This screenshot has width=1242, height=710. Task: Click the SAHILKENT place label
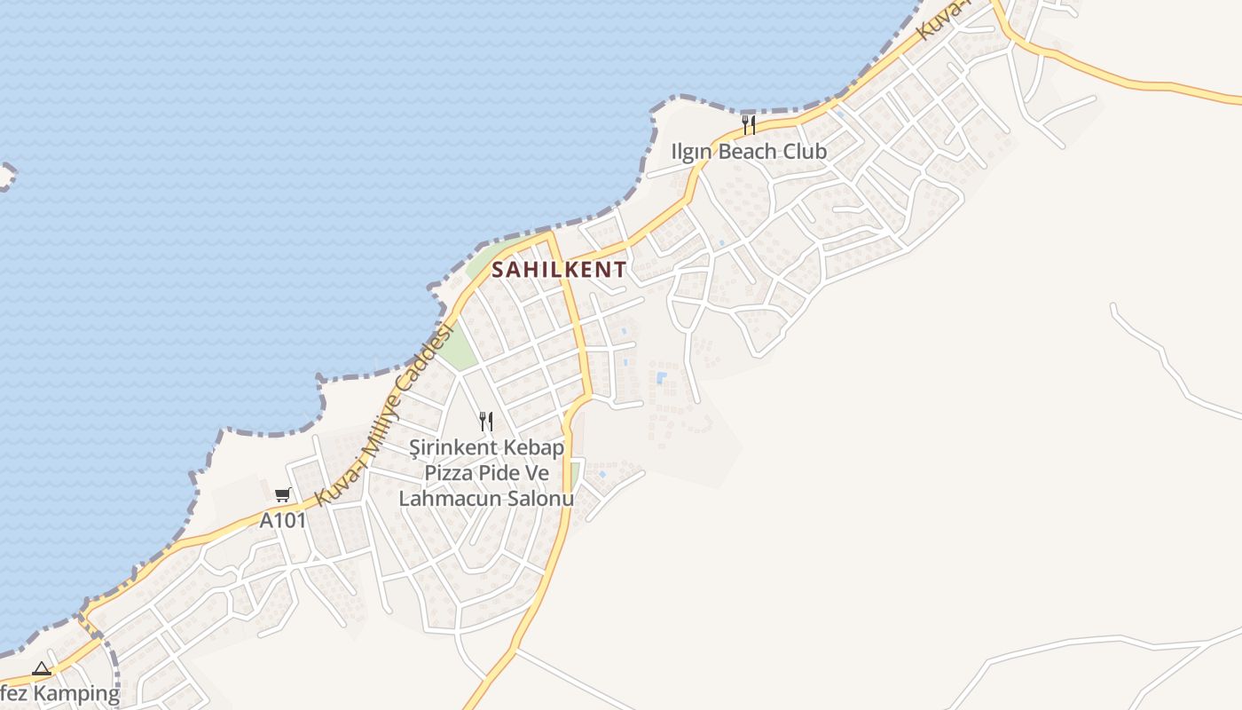(x=559, y=269)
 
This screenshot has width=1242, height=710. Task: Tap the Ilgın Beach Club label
(x=749, y=152)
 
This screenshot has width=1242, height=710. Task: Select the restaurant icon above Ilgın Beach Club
(x=749, y=124)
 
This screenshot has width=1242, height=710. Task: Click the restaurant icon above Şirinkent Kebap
(x=485, y=421)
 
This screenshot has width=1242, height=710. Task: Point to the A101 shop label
(x=282, y=520)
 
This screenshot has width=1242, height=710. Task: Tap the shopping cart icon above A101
(x=282, y=495)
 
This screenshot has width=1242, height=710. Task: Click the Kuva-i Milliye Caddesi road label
(x=386, y=415)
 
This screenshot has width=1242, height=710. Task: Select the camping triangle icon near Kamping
(x=41, y=668)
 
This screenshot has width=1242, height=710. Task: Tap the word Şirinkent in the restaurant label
(x=449, y=447)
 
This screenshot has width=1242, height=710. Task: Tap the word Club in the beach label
(x=803, y=152)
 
